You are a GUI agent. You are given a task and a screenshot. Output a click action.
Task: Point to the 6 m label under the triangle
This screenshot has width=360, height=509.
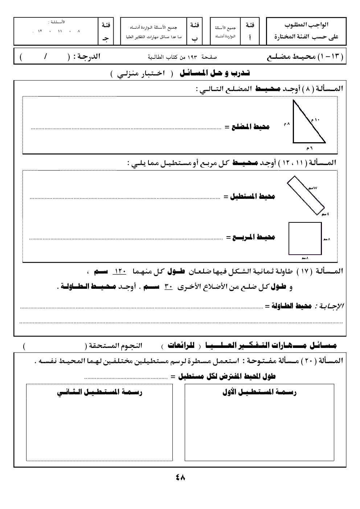(309, 148)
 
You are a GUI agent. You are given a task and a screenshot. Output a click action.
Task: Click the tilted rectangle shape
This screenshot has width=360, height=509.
(306, 196)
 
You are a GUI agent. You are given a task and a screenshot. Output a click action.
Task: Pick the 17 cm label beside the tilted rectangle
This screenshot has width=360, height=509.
(313, 188)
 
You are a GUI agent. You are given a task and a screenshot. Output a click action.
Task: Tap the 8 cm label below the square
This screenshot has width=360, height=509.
(305, 258)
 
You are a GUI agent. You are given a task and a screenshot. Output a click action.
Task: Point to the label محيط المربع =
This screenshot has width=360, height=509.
(251, 237)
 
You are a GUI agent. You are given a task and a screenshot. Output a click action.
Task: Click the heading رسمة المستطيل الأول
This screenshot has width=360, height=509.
(259, 392)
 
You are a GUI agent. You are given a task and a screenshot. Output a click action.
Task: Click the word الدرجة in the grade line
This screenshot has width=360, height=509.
(87, 57)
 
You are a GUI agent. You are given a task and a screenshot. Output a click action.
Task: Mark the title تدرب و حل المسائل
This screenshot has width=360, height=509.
(215, 73)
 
